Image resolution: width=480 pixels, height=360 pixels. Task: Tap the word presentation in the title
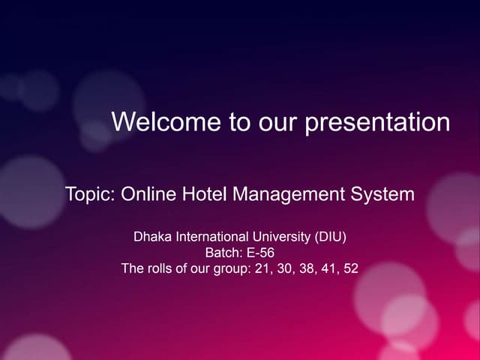(x=377, y=122)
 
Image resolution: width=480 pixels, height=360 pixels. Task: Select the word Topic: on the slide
(x=90, y=195)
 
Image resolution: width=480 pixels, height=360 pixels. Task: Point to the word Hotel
(x=202, y=195)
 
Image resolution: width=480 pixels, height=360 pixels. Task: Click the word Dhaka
(x=152, y=238)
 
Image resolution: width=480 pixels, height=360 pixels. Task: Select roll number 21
(x=262, y=268)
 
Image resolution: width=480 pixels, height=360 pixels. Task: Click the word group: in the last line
(x=231, y=268)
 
